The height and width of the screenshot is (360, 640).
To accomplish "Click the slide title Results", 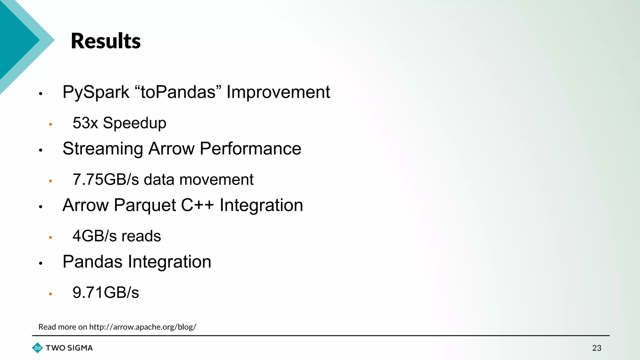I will point(106,41).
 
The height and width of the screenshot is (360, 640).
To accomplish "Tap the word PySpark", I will point(96,92).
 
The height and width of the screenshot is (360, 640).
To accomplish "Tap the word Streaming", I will point(103,149).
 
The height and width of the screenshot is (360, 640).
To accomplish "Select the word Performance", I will point(250,148).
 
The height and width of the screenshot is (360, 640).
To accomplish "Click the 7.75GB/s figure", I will point(106,180).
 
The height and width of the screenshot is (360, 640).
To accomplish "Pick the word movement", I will point(216,180).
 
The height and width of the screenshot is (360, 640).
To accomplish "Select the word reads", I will point(141,236).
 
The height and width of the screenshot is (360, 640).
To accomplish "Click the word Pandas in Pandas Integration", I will point(92,262).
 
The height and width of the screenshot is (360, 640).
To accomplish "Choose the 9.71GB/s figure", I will point(106,292).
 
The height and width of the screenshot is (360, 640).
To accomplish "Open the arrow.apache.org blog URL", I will point(142,327).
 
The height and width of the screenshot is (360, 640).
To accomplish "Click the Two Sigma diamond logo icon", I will point(37,348).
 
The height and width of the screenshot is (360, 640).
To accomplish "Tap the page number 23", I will point(597,348).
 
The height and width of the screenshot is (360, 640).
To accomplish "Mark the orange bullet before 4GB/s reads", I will point(50,237).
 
